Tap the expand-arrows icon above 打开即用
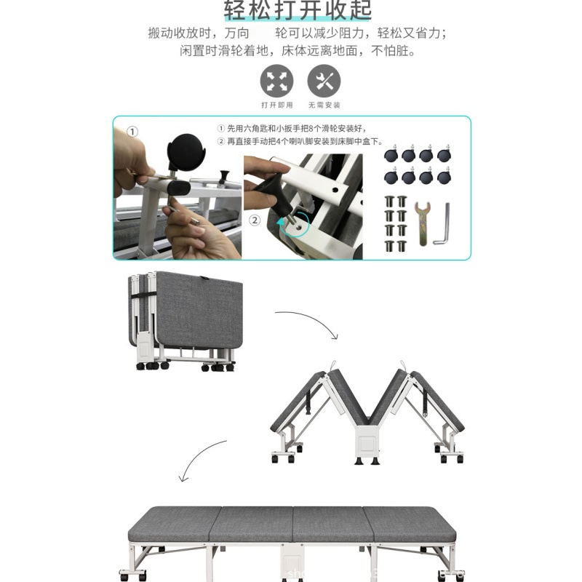(x=277, y=80)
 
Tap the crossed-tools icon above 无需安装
(x=324, y=80)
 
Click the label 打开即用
(x=277, y=105)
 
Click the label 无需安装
(x=324, y=105)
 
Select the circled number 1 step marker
(x=132, y=132)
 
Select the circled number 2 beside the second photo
(x=255, y=220)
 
